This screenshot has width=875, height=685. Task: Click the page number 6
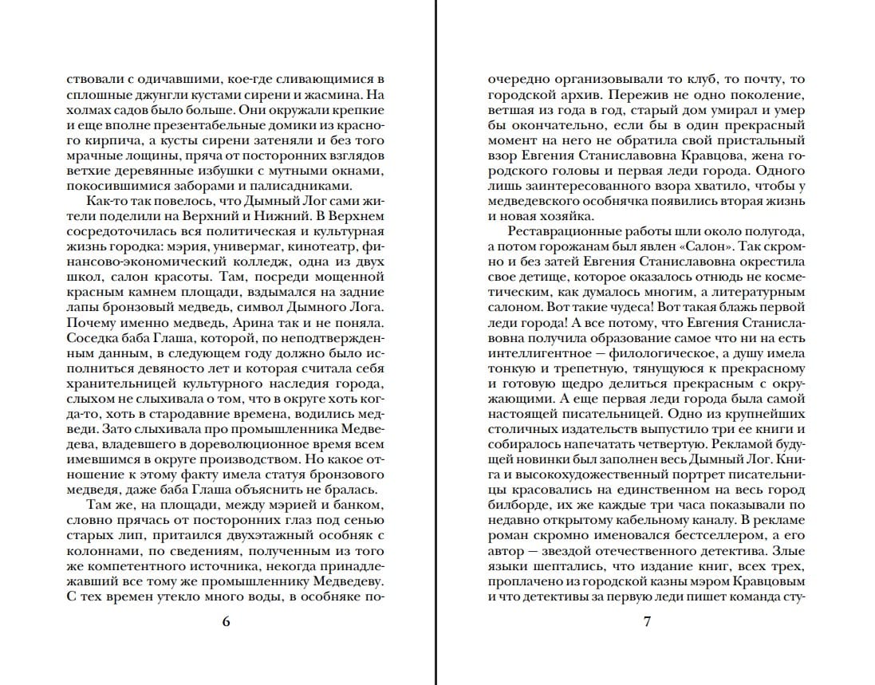coord(226,622)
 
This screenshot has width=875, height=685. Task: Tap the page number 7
coord(647,622)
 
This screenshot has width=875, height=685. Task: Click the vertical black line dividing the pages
coord(436,343)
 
